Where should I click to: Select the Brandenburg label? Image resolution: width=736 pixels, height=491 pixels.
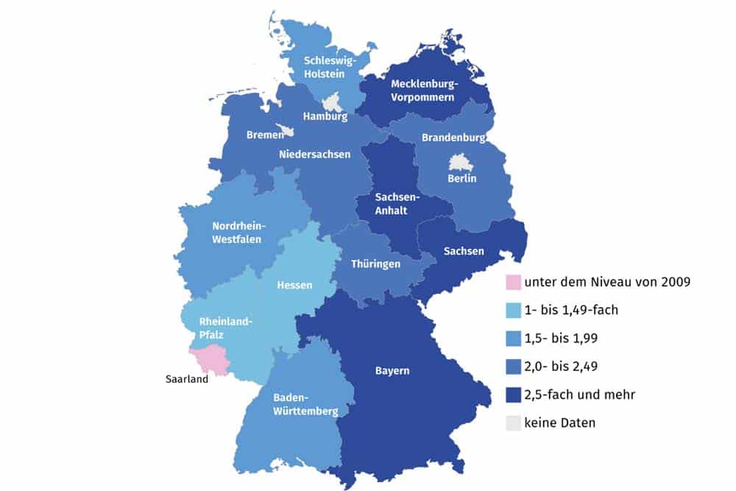pos(453,138)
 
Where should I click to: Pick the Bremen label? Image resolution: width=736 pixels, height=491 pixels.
pos(265,135)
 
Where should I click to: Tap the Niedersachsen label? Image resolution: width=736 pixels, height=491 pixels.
pos(314,155)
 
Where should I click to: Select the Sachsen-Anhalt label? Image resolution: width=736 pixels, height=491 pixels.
pos(397,204)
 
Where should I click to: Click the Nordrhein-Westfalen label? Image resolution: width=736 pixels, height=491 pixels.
pos(238,232)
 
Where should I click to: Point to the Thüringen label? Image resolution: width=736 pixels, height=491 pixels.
pos(375,264)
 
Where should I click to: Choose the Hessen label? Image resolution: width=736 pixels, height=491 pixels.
pos(294,285)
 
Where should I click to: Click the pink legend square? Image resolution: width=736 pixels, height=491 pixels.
pos(512,282)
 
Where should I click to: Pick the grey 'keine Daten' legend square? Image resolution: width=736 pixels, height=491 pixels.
pos(512,423)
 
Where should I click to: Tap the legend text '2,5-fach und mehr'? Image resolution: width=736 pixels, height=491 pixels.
pos(579,395)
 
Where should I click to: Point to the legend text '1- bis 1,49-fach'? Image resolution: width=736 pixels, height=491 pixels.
pos(571,311)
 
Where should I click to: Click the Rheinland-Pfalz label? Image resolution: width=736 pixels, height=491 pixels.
pos(226,328)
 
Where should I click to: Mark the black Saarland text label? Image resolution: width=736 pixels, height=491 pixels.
pos(186,380)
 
